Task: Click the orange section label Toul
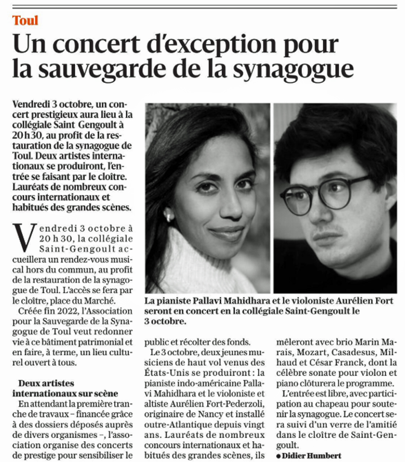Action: pyautogui.click(x=25, y=21)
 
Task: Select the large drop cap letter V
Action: pyautogui.click(x=24, y=237)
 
